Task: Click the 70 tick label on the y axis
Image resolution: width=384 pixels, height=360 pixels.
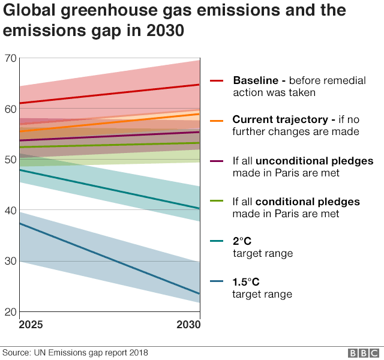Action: tap(10, 58)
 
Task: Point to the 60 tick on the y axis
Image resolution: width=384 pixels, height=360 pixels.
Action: tap(10, 109)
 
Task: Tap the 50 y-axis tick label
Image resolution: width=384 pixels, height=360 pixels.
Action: tap(10, 160)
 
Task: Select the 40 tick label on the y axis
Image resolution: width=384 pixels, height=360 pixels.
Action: tap(10, 210)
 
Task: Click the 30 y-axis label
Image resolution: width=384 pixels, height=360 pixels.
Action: tap(10, 261)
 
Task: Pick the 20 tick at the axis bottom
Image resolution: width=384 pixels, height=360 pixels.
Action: tap(10, 311)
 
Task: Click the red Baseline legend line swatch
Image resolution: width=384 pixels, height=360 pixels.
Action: tap(217, 81)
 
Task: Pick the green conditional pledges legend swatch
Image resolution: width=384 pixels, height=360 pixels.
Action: tap(217, 202)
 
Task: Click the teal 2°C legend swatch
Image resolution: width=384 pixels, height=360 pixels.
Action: tap(217, 241)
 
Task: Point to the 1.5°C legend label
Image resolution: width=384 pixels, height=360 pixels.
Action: tap(246, 281)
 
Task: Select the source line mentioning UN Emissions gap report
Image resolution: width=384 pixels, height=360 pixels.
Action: tap(75, 353)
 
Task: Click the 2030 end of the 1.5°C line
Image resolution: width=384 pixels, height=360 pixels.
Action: tap(199, 293)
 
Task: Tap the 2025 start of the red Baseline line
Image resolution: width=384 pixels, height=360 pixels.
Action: tap(20, 103)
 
